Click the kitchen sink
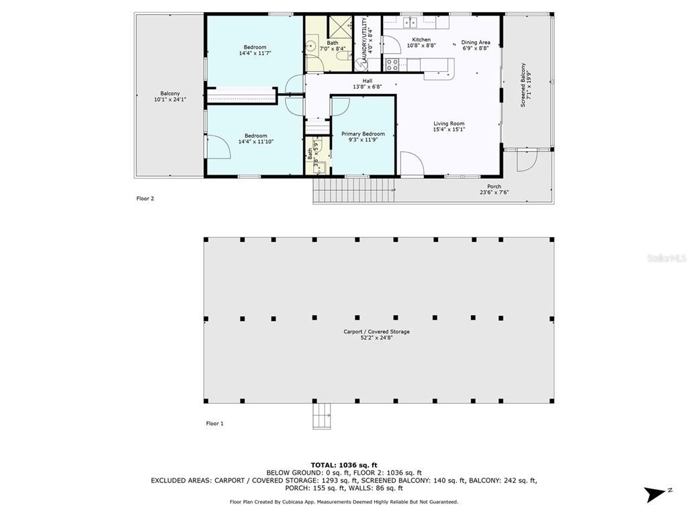coord(410,23)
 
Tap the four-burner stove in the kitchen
coord(392,65)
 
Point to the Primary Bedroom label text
coord(363,134)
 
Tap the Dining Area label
coord(476,42)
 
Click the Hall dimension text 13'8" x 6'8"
coord(368,87)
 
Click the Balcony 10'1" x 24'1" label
coord(170,97)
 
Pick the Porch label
coord(494,189)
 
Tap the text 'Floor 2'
coord(145,198)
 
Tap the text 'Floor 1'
coord(214,423)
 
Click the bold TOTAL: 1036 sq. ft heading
coord(344,465)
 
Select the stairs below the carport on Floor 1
coord(322,416)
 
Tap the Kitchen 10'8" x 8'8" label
coord(421,42)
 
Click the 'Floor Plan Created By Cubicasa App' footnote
coord(344,502)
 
